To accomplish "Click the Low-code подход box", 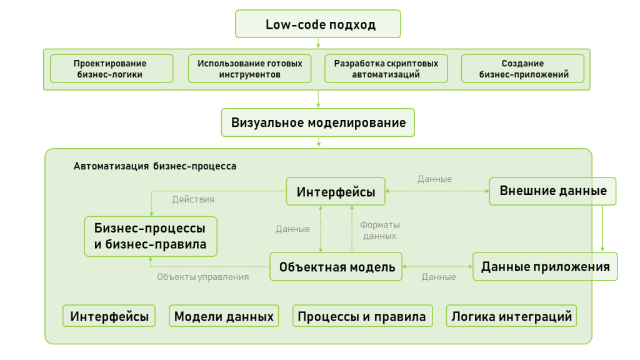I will point(317,25).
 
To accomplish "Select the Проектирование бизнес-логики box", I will point(111,69).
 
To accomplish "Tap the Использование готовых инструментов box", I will point(249,69).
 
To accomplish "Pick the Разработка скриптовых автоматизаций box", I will point(386,69).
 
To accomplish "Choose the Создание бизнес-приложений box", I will point(522,69).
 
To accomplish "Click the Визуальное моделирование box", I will point(317,122).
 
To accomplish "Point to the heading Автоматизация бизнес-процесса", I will point(155,167).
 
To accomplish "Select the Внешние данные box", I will point(552,191).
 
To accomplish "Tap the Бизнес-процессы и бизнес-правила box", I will point(150,236).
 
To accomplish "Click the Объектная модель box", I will point(336,267).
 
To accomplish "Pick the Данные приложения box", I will point(545,267).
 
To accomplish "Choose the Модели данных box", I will point(224,316).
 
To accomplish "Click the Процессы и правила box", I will point(362,316).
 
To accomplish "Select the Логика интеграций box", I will point(511,316).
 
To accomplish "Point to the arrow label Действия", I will point(193,200).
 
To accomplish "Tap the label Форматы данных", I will point(379,231).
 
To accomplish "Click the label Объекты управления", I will point(202,277).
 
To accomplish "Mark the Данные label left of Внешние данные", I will point(434,179).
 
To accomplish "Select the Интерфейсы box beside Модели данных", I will point(109,316).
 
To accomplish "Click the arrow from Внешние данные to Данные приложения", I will point(602,227).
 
